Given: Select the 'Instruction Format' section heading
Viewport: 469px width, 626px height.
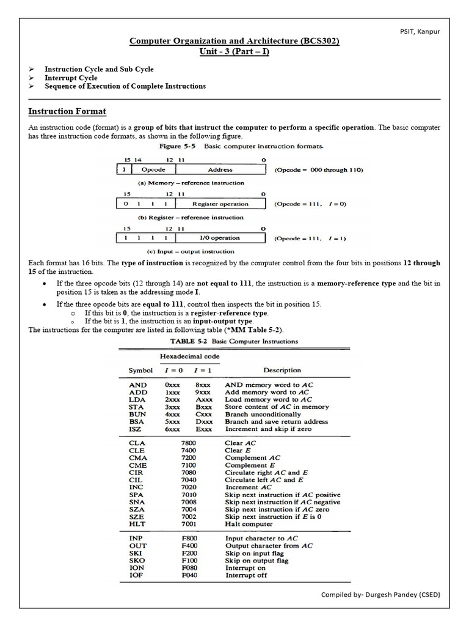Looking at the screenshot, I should pos(67,111).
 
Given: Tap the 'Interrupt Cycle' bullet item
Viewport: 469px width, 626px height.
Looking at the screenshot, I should pos(71,78).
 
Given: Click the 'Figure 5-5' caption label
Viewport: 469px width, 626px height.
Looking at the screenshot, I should pos(178,147).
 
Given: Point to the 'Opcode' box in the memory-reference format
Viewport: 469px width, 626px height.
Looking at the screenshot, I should pos(149,169).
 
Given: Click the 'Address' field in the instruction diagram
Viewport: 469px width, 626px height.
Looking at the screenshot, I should pos(220,169).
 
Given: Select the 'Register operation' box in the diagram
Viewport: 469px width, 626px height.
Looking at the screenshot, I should pos(220,204).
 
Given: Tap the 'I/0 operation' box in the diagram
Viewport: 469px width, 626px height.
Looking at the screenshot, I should pos(220,238).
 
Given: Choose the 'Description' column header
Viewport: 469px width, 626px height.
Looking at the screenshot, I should pos(282,370).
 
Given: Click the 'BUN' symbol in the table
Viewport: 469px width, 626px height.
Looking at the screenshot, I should pos(137,414).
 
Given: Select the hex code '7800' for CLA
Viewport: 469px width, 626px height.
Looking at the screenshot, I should pos(189,443).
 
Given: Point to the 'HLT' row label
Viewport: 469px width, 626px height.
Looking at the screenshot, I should pos(137,524).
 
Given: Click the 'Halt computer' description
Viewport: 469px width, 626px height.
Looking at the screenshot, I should pos(249,524).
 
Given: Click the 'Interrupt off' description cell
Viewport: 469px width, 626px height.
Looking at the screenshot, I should pos(246,575).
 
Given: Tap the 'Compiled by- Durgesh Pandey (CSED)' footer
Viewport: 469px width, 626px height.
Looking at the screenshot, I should pos(380,594).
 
